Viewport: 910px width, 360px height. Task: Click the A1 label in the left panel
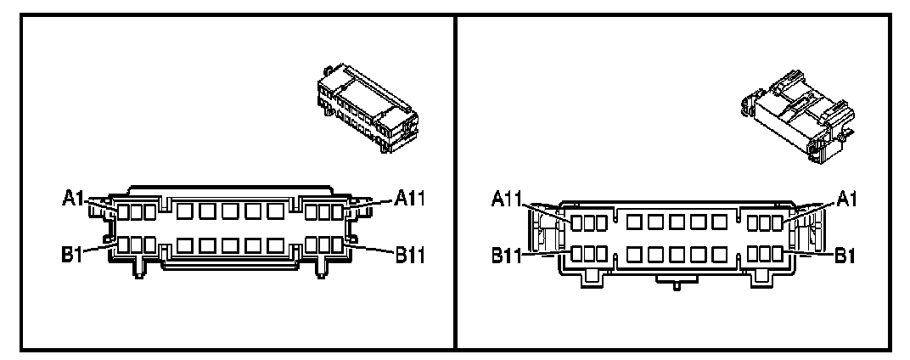click(x=73, y=199)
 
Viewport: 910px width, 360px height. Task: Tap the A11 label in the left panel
click(x=411, y=199)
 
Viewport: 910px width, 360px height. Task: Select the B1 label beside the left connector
click(x=73, y=254)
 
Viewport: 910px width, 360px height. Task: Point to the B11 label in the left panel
click(x=411, y=252)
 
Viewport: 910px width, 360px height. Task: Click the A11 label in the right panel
click(x=508, y=199)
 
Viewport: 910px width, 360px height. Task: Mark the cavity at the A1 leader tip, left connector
click(x=123, y=211)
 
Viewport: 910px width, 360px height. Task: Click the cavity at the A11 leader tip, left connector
click(x=337, y=211)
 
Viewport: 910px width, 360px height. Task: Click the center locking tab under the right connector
click(x=676, y=284)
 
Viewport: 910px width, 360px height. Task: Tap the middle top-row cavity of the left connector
click(x=229, y=211)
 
